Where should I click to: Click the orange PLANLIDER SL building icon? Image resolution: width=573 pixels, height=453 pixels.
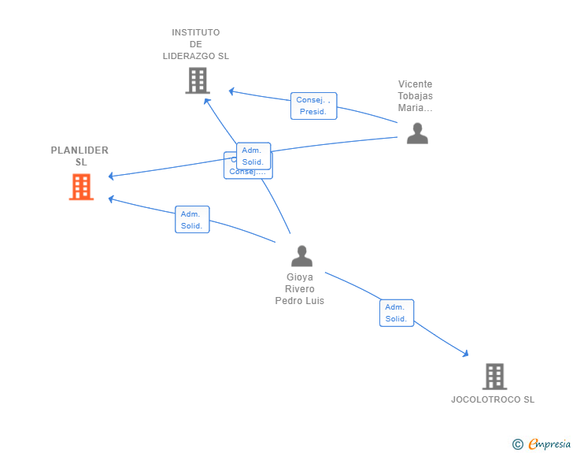[81, 187]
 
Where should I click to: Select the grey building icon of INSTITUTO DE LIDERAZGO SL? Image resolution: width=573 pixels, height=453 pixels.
[198, 80]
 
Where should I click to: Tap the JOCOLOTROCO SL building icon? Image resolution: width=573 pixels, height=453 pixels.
[494, 377]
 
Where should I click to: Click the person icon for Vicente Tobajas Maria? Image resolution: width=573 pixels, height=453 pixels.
[417, 133]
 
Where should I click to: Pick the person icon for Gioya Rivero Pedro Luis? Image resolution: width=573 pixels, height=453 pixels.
[301, 256]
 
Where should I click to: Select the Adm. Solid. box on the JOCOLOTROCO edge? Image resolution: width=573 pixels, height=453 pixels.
[396, 313]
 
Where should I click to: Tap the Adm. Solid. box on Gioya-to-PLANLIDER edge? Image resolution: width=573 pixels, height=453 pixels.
[192, 220]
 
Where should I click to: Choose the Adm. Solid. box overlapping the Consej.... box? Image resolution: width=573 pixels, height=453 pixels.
[253, 156]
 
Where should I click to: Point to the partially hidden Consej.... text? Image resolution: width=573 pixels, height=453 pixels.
[247, 172]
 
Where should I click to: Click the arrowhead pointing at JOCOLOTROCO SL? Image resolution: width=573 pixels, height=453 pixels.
[466, 355]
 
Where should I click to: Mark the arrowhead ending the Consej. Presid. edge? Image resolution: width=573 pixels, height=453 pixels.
[231, 91]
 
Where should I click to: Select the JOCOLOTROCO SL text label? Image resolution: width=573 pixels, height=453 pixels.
[493, 399]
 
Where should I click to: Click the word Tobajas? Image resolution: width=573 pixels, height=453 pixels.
[416, 96]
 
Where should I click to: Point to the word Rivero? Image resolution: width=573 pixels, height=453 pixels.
[299, 289]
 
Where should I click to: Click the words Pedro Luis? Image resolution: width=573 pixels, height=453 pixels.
[299, 301]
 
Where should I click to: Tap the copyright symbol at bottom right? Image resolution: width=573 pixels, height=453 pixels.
[517, 444]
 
